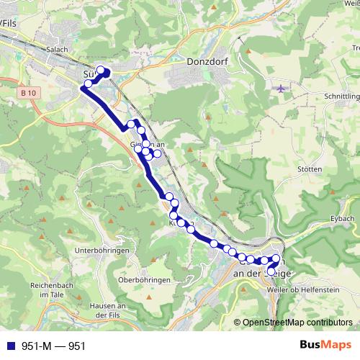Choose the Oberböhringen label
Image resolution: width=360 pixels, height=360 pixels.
pos(143,279)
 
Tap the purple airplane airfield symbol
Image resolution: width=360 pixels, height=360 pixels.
pos(281,89)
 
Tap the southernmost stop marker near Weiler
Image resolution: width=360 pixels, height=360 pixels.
pos(271,272)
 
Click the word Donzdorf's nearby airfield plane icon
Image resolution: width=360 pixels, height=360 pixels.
pos(281,89)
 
